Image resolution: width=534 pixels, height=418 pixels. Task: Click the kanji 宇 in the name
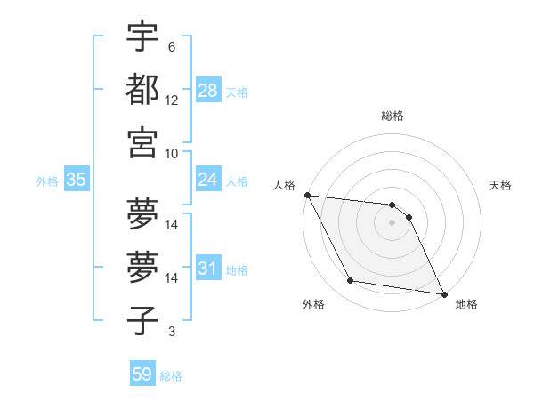pos(142,36)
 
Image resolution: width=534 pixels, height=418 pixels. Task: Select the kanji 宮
pos(142,142)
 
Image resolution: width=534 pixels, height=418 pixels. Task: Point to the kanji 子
pos(142,320)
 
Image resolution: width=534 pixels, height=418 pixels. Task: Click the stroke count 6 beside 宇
pos(171,46)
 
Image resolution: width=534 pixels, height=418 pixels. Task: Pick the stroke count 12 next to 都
pos(172,100)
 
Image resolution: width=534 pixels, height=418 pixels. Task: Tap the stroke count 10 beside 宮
pos(172,153)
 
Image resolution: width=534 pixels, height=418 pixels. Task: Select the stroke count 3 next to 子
pos(171,332)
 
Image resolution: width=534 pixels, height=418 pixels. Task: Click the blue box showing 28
pos(208,91)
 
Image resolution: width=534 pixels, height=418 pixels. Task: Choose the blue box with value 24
pos(208,180)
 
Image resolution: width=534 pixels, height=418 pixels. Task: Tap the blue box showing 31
pos(208,269)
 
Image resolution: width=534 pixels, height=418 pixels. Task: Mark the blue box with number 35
pos(77,180)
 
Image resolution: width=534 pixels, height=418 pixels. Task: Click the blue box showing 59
pos(142,374)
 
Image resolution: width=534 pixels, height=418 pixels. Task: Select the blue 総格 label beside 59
pos(171,376)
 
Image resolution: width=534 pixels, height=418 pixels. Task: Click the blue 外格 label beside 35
pos(47,181)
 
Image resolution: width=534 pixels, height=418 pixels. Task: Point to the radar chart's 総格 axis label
pos(392,116)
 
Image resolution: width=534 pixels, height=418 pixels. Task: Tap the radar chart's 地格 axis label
pos(466,304)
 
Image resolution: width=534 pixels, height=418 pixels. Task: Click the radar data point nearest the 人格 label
pos(307,195)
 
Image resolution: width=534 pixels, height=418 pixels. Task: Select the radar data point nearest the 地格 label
pos(443,293)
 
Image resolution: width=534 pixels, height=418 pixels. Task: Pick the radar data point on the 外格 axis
pos(351,281)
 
